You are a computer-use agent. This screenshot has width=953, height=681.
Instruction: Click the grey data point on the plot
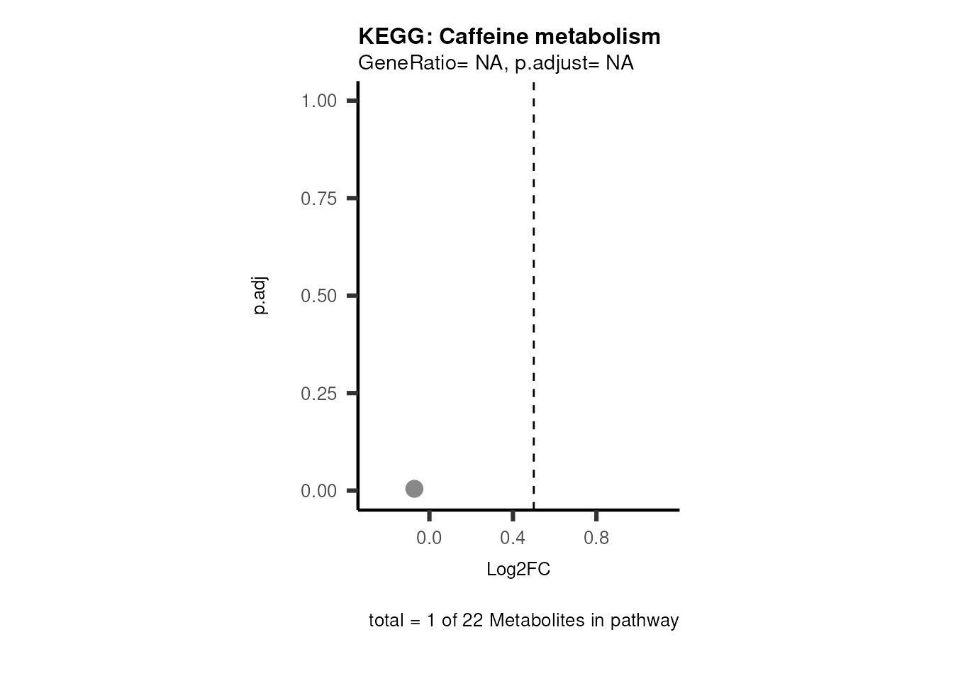[414, 489]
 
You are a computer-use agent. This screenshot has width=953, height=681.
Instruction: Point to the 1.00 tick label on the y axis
[318, 101]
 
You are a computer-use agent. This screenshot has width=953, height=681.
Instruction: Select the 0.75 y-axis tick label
[318, 199]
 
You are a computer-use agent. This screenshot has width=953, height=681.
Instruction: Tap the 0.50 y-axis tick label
[318, 296]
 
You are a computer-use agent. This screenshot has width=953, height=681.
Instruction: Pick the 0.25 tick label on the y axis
[318, 394]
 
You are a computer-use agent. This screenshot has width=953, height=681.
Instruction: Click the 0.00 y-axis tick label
[318, 491]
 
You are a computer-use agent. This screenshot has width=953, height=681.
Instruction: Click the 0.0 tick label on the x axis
[429, 538]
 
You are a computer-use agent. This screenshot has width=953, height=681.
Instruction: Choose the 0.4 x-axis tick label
[513, 538]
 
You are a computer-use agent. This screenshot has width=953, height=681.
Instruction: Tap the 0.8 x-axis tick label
[596, 538]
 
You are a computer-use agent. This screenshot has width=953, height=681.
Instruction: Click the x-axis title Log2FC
[518, 570]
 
